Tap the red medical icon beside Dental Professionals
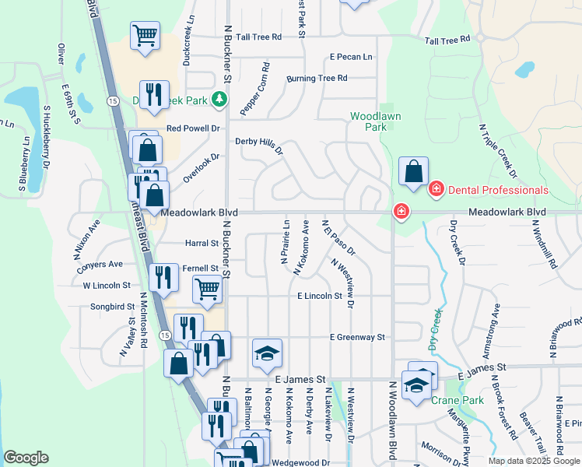pyautogui.click(x=436, y=189)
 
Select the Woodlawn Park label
pyautogui.click(x=369, y=121)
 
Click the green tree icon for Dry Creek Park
pyautogui.click(x=220, y=100)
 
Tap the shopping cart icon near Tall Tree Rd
pyautogui.click(x=145, y=36)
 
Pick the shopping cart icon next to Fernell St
pyautogui.click(x=208, y=290)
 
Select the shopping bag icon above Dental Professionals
pyautogui.click(x=414, y=170)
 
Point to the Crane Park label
pyautogui.click(x=457, y=400)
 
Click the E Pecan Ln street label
pyautogui.click(x=351, y=57)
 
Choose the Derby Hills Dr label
pyautogui.click(x=259, y=146)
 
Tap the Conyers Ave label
pyautogui.click(x=100, y=265)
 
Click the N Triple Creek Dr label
pyautogui.click(x=497, y=149)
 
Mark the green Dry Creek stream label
pyautogui.click(x=436, y=327)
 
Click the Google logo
pyautogui.click(x=26, y=458)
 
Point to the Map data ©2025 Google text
pyautogui.click(x=534, y=461)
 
